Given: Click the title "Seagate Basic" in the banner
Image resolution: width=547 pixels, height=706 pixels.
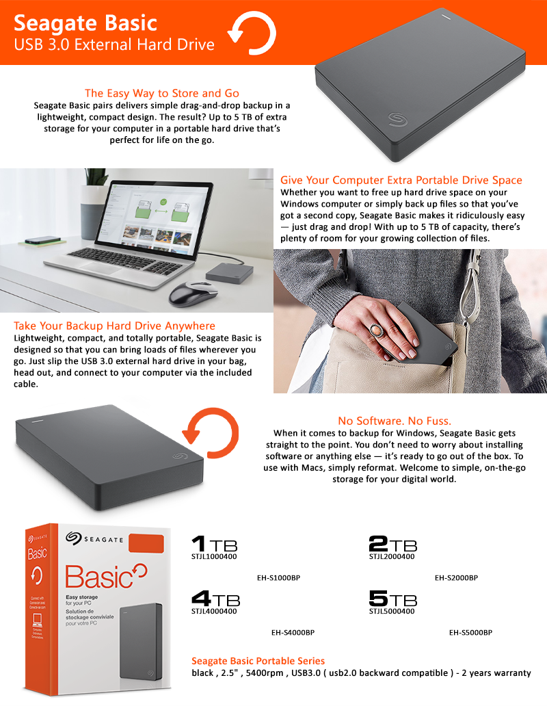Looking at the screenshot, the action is tap(85, 23).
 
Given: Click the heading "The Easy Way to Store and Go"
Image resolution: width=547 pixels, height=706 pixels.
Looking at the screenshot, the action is tap(162, 93).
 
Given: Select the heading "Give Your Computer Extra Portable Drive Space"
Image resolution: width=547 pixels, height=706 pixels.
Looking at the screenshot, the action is tap(401, 180).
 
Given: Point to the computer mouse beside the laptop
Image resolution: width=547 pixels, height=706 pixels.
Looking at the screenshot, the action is tap(194, 293).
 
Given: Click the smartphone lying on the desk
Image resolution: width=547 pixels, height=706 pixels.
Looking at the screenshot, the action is tap(42, 241).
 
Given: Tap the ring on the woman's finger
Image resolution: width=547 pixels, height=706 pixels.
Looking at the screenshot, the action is tap(376, 331).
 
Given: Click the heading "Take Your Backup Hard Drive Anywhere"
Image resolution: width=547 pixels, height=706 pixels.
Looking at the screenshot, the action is tap(114, 326).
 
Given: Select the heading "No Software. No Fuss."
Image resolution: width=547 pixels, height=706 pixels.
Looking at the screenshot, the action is tap(395, 421).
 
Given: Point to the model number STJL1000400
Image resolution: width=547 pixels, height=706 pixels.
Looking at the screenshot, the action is tap(214, 556).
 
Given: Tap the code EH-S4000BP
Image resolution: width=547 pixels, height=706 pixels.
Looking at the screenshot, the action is tap(293, 633).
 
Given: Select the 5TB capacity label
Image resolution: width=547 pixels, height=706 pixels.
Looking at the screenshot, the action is tap(392, 599).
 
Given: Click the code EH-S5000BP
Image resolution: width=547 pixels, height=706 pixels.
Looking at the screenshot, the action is tap(470, 633).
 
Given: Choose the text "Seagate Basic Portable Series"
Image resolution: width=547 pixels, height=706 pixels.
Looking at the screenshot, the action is tap(258, 661).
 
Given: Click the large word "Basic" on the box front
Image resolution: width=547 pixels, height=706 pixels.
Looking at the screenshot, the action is tap(99, 577).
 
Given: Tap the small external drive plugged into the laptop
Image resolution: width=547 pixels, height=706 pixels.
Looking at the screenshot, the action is tap(230, 274).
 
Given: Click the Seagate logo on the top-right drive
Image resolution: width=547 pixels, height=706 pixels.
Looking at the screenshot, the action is tap(398, 119).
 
